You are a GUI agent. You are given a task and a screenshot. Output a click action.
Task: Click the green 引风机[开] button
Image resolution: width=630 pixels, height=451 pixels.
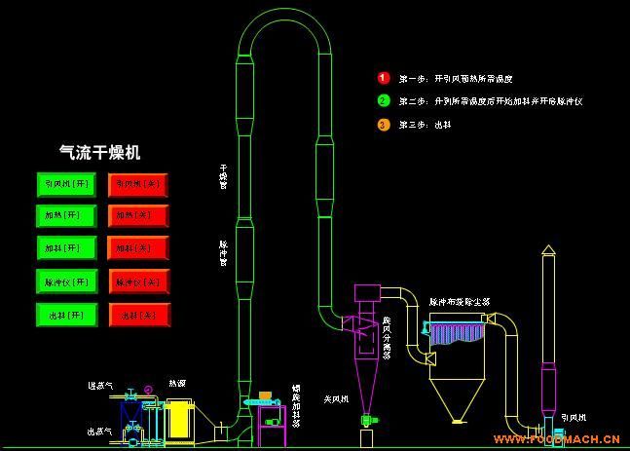point(67,183)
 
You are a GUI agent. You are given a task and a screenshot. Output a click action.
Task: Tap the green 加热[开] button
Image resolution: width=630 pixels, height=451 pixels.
point(67,215)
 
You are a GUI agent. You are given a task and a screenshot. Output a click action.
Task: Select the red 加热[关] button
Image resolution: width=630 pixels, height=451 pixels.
point(138,215)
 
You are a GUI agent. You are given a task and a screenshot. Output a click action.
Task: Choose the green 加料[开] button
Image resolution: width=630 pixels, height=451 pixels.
point(67,248)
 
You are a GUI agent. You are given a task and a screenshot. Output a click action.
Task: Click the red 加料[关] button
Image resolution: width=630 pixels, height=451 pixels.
point(138,248)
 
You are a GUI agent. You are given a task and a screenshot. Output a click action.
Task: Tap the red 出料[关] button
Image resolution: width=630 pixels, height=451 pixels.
point(138,315)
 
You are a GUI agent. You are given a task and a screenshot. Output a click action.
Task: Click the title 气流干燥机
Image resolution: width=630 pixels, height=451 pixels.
point(100,152)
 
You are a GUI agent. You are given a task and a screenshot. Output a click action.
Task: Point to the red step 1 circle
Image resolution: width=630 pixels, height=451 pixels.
point(384,77)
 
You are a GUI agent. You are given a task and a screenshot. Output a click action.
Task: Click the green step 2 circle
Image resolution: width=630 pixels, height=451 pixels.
point(384,100)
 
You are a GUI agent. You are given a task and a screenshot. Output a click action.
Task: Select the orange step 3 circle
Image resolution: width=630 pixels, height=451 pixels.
point(384,124)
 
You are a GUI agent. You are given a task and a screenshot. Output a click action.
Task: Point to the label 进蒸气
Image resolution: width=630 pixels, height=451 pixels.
point(99,387)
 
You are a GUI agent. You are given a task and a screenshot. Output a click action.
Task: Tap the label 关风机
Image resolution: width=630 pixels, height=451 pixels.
point(336,398)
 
